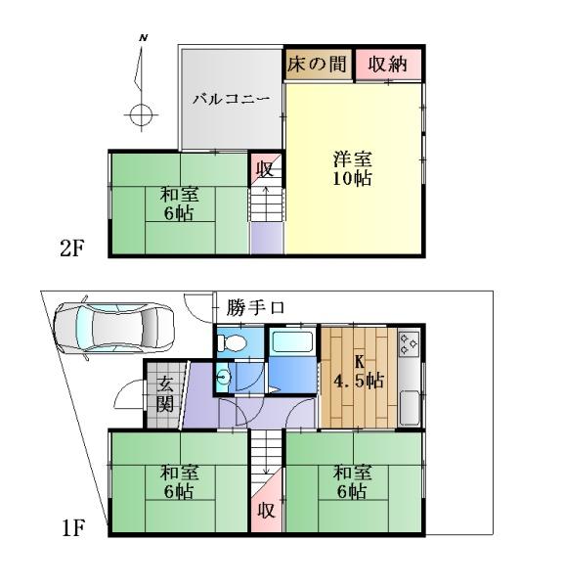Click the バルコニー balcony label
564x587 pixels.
pyautogui.click(x=231, y=99)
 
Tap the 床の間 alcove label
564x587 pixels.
pyautogui.click(x=317, y=64)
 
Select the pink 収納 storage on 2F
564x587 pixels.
pyautogui.click(x=388, y=65)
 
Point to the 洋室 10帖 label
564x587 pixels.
pyautogui.click(x=353, y=169)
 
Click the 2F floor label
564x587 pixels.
pyautogui.click(x=72, y=248)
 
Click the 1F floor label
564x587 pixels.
pyautogui.click(x=73, y=528)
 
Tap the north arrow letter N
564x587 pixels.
pyautogui.click(x=144, y=38)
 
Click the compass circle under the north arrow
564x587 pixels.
pyautogui.click(x=141, y=114)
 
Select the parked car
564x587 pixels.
pyautogui.click(x=114, y=328)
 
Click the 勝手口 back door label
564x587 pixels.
pyautogui.click(x=255, y=308)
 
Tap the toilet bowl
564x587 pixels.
pyautogui.click(x=232, y=342)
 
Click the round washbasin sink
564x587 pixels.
pyautogui.click(x=223, y=378)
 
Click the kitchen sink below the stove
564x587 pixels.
pyautogui.click(x=410, y=408)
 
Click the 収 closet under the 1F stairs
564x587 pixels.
pyautogui.click(x=266, y=510)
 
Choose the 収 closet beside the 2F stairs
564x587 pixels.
pyautogui.click(x=265, y=169)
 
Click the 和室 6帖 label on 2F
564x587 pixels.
pyautogui.click(x=179, y=204)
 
